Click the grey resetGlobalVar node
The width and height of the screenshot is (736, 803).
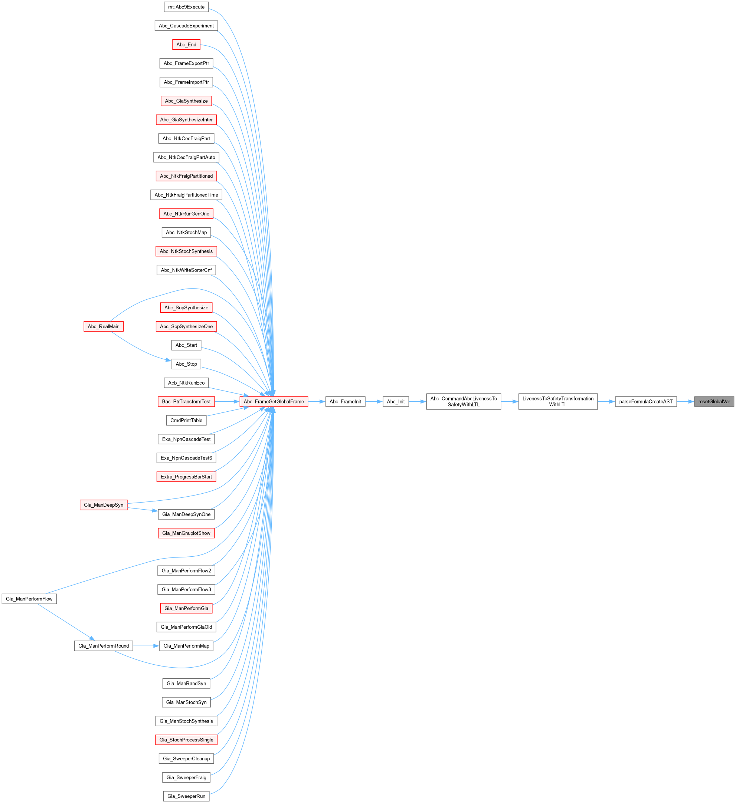pos(714,401)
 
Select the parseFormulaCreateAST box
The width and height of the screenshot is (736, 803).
pos(645,401)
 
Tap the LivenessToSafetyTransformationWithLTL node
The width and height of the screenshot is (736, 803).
pos(557,401)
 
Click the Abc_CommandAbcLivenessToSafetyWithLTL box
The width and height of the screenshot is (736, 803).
pos(464,401)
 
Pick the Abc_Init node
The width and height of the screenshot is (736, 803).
pos(396,401)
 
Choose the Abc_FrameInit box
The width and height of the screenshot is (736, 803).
pos(345,401)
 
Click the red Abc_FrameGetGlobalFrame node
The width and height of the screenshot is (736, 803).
pos(274,401)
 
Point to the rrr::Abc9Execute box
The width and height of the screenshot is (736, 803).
pos(186,7)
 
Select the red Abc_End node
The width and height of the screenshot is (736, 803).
pos(186,45)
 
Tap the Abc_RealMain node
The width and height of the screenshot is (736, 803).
pos(104,326)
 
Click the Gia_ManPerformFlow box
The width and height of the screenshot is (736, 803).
pos(29,599)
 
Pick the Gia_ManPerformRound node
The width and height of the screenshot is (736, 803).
pos(104,646)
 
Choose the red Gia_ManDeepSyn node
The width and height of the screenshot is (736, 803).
pos(104,505)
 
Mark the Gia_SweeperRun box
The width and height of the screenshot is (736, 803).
pos(186,796)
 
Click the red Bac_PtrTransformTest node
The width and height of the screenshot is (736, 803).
pos(186,401)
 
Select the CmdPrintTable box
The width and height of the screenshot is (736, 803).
pos(186,420)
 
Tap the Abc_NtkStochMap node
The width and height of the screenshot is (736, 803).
pos(186,232)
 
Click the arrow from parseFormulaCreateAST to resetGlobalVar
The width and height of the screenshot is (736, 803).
pos(686,401)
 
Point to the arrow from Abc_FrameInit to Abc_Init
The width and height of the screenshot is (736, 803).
pos(374,401)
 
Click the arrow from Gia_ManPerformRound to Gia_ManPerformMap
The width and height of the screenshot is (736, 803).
pos(146,646)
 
